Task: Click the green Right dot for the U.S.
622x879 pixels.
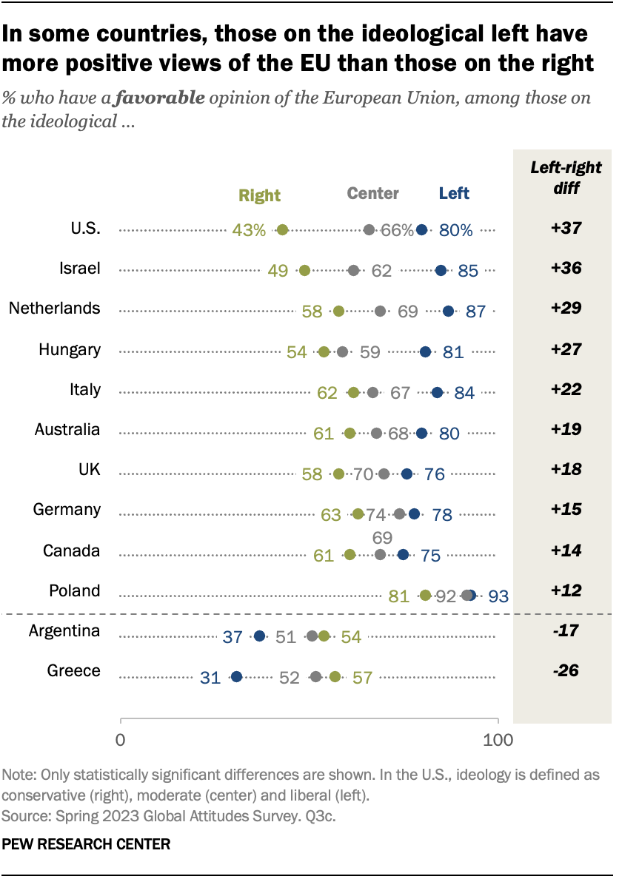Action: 282,230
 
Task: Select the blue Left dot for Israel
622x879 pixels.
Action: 441,271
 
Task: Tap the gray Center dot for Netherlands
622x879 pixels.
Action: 381,311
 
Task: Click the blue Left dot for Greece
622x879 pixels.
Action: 236,676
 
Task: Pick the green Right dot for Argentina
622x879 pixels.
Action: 324,636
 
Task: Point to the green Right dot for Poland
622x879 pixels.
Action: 426,595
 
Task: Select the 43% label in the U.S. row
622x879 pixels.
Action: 249,230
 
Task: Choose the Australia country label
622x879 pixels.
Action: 67,430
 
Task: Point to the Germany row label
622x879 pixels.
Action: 67,510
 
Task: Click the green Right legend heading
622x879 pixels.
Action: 259,195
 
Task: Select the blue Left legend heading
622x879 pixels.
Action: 454,194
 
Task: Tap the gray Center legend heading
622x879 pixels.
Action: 373,194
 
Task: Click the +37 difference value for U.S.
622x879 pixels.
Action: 564,229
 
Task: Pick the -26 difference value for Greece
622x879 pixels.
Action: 564,671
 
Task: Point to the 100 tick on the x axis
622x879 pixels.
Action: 498,738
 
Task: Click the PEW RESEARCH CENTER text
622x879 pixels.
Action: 86,843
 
